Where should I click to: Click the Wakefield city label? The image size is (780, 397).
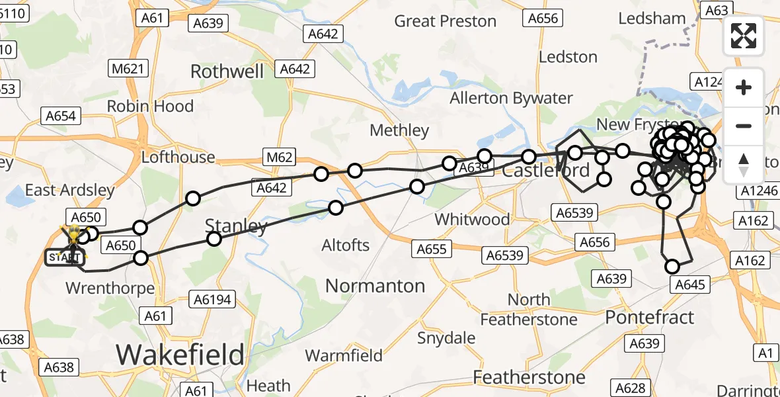[x=180, y=355]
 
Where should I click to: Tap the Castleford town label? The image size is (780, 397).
[x=546, y=171]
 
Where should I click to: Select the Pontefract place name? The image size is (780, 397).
[x=650, y=317]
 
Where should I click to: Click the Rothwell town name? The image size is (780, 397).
[x=227, y=71]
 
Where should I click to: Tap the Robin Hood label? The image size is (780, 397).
[x=150, y=106]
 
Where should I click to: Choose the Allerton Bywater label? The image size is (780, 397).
[x=511, y=99]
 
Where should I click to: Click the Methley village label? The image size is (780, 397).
[x=399, y=130]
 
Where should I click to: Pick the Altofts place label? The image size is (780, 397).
[x=345, y=245]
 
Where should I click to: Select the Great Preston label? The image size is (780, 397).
[x=445, y=21]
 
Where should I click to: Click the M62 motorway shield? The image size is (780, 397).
[x=278, y=158]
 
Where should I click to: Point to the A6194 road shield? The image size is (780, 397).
[x=212, y=300]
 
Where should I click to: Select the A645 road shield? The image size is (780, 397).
[x=691, y=285]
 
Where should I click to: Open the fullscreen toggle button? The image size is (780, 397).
[x=744, y=36]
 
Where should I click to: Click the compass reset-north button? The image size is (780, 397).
[x=744, y=165]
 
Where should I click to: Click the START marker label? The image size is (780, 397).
[x=65, y=257]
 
